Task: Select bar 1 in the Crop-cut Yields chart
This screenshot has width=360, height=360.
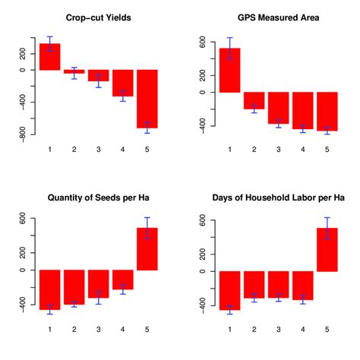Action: (x=50, y=57)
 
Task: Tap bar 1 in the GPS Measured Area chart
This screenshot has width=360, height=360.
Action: (x=230, y=70)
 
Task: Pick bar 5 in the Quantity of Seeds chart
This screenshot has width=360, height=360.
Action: (x=147, y=248)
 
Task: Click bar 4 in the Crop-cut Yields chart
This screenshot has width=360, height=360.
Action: (x=123, y=83)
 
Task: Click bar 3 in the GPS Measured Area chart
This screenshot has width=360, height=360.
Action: (x=279, y=107)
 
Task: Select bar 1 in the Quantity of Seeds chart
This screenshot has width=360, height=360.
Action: (x=50, y=289)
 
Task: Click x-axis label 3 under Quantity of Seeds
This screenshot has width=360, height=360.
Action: (x=99, y=329)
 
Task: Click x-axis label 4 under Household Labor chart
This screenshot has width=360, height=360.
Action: (x=303, y=329)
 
